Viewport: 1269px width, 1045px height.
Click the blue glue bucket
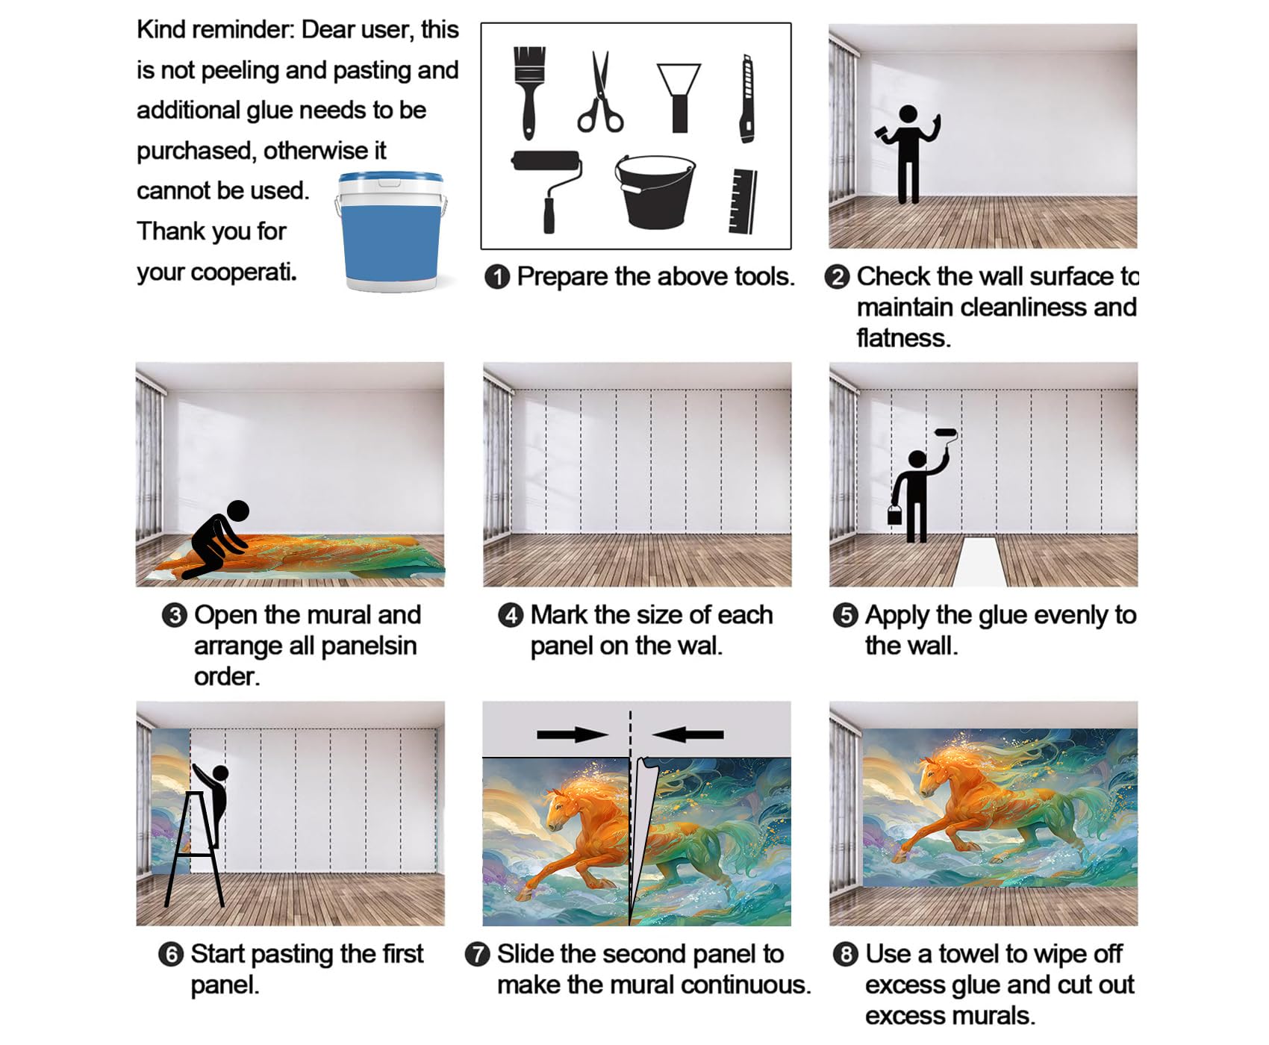pos(391,231)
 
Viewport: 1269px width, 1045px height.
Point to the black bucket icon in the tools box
pos(655,191)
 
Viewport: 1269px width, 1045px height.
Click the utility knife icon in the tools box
pos(746,99)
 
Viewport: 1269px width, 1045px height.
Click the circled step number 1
pos(497,277)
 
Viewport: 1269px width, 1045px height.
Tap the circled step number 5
pos(845,616)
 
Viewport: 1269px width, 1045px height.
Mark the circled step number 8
pos(845,955)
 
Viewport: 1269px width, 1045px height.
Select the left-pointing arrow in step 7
pos(687,734)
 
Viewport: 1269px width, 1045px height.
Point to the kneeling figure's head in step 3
pos(237,511)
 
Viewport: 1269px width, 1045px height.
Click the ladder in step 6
pos(194,849)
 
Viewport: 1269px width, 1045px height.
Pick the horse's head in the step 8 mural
pos(934,777)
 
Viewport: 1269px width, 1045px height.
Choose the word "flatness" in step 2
pos(903,339)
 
